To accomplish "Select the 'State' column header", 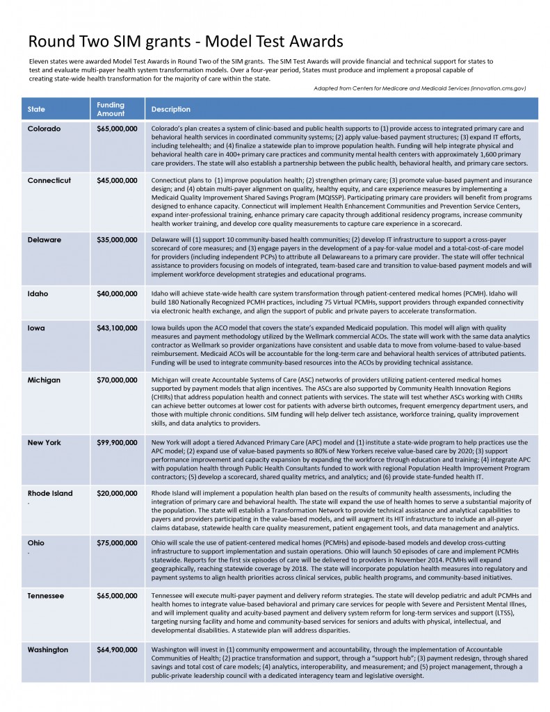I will (x=36, y=109).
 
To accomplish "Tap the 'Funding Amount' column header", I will (x=111, y=109).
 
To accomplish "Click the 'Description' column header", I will (x=171, y=109).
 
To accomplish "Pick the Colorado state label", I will (x=45, y=129).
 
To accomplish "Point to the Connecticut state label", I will (x=49, y=181).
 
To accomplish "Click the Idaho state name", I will (x=38, y=293).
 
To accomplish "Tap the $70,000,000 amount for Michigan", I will (x=117, y=380).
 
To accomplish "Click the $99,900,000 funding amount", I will (x=117, y=442).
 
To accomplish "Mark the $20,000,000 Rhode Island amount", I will (x=117, y=494).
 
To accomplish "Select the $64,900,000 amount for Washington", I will (x=117, y=649).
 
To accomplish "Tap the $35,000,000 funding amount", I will (x=117, y=240).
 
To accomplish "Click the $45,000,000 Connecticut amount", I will (x=117, y=181).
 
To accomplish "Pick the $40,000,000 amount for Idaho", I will (x=117, y=293).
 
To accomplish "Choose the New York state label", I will (x=45, y=442).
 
